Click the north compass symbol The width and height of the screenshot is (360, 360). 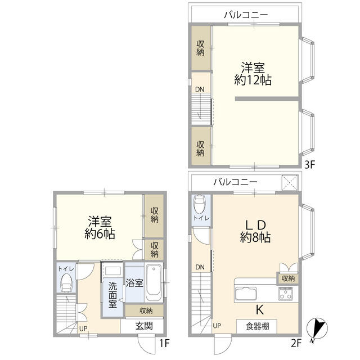[x=317, y=328]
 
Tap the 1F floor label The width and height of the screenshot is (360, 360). [x=164, y=343]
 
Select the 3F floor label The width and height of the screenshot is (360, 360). [x=309, y=164]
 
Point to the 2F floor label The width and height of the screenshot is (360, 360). [x=296, y=343]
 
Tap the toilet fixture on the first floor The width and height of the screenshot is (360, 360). [x=66, y=282]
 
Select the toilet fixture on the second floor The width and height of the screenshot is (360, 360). [x=200, y=204]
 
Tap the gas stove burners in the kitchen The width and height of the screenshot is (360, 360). [x=285, y=294]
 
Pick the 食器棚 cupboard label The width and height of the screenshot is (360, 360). [x=258, y=326]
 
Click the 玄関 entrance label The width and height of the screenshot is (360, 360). [x=144, y=326]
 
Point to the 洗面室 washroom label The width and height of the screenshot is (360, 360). [x=112, y=295]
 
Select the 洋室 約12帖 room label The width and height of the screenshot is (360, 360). [x=253, y=74]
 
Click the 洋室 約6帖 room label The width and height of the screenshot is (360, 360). [x=100, y=228]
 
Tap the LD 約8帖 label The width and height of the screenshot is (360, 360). [x=255, y=231]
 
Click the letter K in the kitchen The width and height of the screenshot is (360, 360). [x=260, y=310]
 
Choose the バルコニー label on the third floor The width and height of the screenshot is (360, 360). [x=246, y=15]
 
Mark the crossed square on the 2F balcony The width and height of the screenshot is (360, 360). [x=290, y=182]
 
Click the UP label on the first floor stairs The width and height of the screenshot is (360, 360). [x=83, y=328]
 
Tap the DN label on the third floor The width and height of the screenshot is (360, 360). [x=200, y=89]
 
